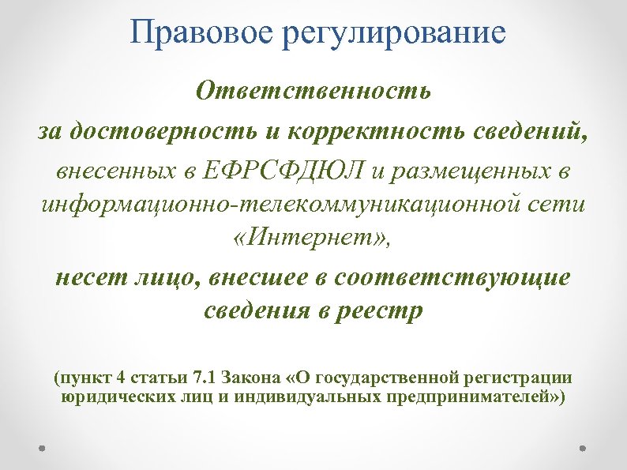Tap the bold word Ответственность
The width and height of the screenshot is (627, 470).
(313, 92)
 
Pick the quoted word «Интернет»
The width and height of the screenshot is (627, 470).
(313, 239)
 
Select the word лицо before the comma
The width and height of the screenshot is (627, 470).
(164, 278)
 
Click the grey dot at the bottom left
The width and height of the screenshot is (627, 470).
(42, 447)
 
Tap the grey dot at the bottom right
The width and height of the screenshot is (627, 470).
(584, 447)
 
